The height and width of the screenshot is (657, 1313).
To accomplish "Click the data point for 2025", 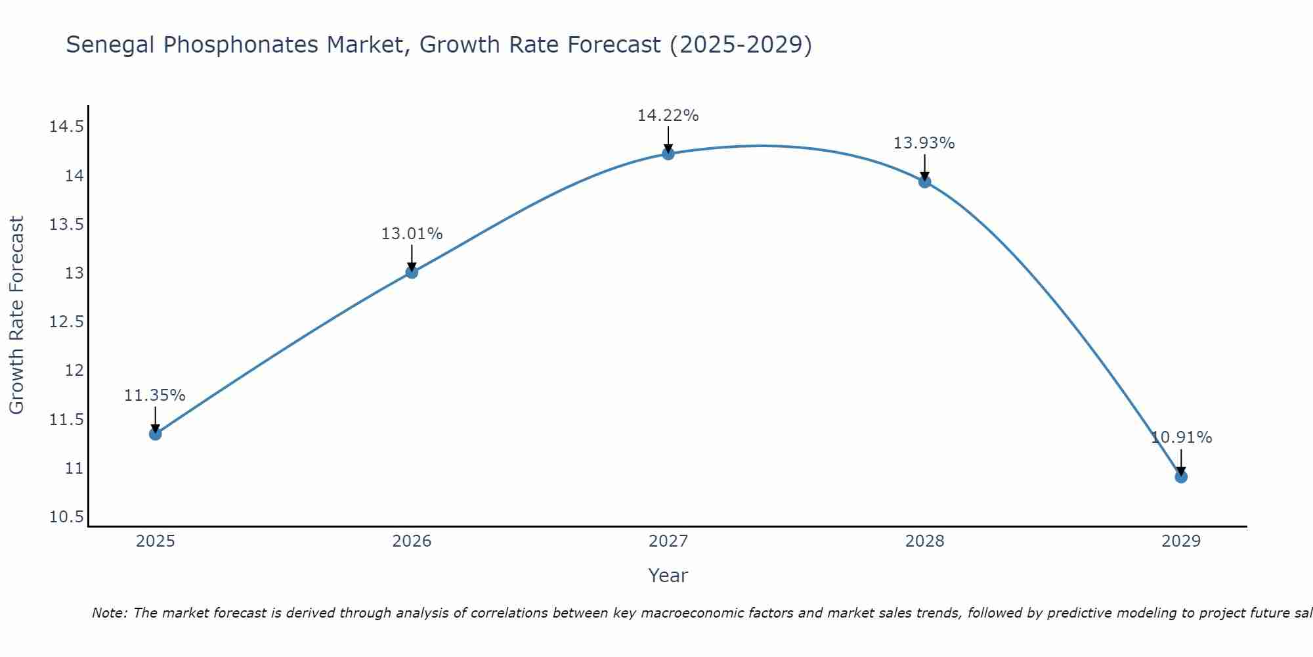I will pos(156,434).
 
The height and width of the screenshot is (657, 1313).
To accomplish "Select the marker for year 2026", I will pos(412,272).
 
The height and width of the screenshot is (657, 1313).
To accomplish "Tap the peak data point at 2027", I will pos(668,154).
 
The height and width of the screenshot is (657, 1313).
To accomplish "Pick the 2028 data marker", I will pos(924,182).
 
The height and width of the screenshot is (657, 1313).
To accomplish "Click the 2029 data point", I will pos(1181,476).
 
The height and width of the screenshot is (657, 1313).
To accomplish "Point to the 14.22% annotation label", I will pos(668,116).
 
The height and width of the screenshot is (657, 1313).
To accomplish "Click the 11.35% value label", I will pos(155,396).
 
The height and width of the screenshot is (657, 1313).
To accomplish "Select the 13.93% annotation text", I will pos(924,143).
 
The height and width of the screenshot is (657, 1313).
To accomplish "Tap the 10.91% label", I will pos(1181,438).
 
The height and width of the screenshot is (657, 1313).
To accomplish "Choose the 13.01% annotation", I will pos(412,234).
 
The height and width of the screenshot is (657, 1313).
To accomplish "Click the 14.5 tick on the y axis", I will pos(66,127).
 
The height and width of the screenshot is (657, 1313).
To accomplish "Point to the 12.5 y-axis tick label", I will pos(66,322).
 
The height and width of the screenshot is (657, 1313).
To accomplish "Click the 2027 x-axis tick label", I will pos(668,541).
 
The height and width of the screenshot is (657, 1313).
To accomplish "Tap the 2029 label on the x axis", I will pos(1181,541).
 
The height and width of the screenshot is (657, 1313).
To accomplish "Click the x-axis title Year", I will pos(668,576).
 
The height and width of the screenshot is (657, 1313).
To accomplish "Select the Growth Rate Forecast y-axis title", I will pos(16,315).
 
